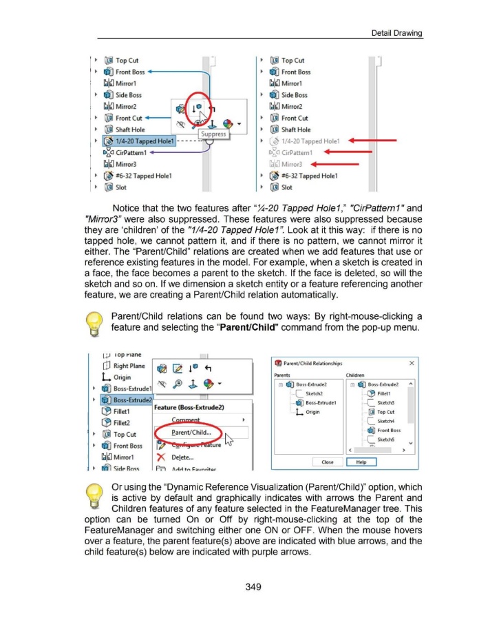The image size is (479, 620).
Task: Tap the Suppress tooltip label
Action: (x=213, y=134)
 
